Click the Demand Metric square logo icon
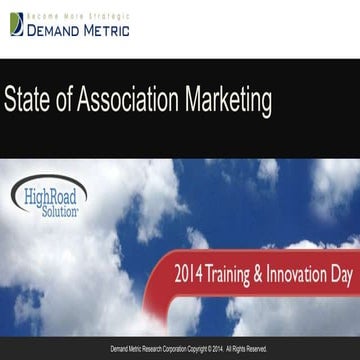(16, 24)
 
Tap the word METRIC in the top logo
(106, 29)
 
